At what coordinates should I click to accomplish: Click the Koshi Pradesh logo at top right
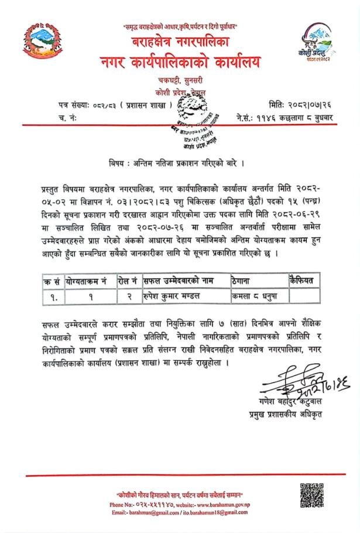point(320,44)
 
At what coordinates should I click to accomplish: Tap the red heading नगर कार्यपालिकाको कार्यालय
point(179,60)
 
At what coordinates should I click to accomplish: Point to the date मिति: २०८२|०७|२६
point(296,105)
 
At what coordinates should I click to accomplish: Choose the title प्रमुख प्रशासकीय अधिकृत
point(282,416)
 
